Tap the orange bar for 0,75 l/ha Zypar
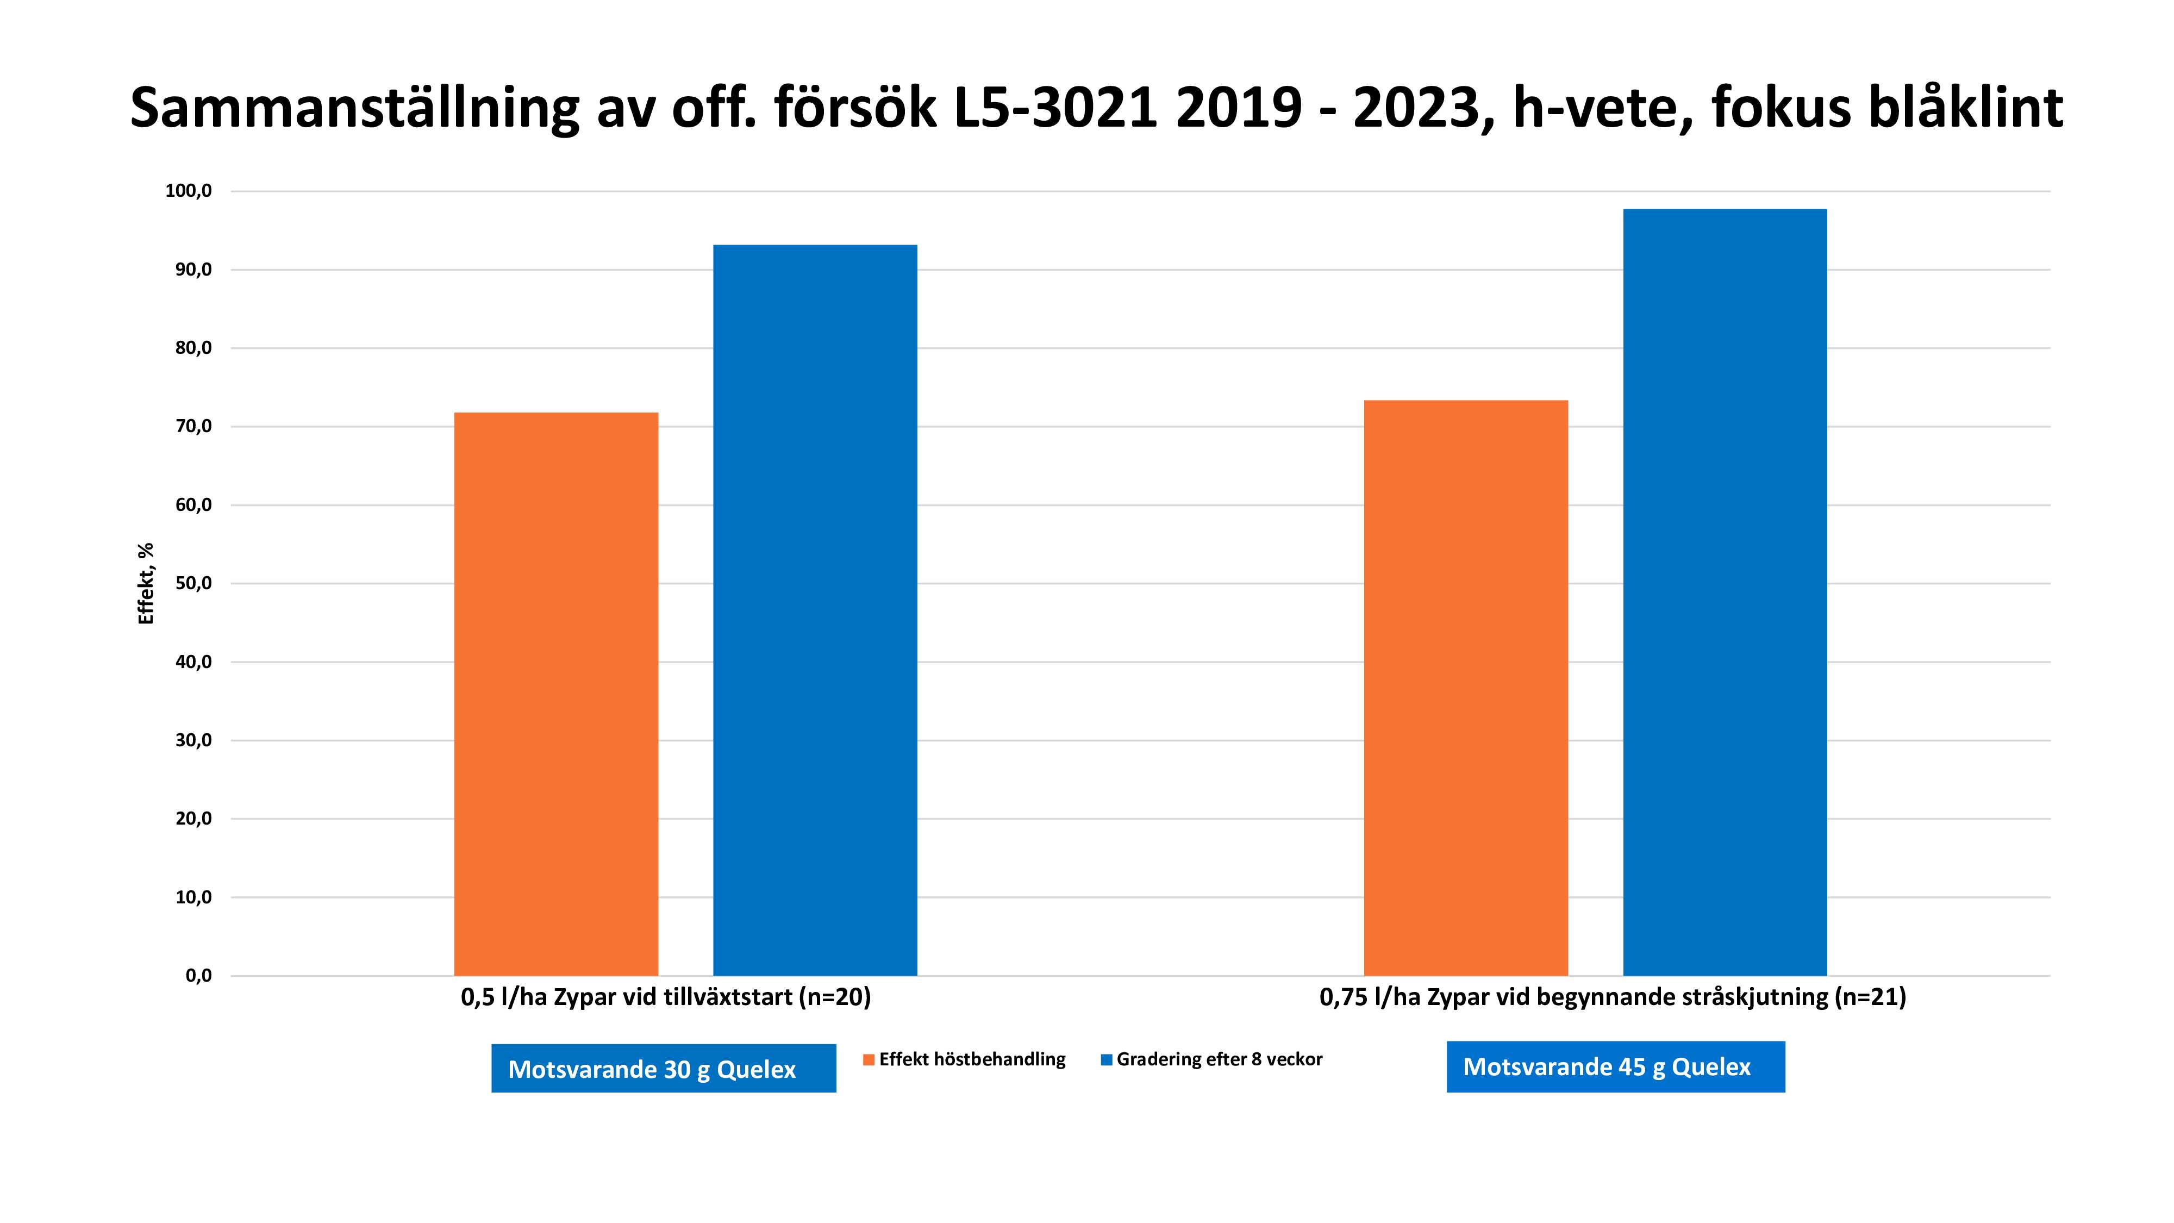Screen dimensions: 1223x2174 (1465, 688)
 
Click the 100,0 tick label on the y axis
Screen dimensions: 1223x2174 (188, 191)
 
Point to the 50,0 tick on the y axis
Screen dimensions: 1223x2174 (193, 583)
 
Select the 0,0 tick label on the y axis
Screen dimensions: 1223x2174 (198, 976)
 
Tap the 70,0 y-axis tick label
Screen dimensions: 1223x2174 (193, 426)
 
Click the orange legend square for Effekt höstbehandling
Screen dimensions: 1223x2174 (869, 1060)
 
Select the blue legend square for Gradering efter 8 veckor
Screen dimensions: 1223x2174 (1107, 1060)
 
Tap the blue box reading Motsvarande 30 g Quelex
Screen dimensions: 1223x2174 (663, 1069)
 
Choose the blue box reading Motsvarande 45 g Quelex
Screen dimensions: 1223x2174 (1615, 1067)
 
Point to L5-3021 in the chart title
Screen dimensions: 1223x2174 (1055, 108)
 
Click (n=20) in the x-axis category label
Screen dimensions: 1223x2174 (835, 997)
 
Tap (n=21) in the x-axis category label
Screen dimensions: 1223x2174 (1870, 997)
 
